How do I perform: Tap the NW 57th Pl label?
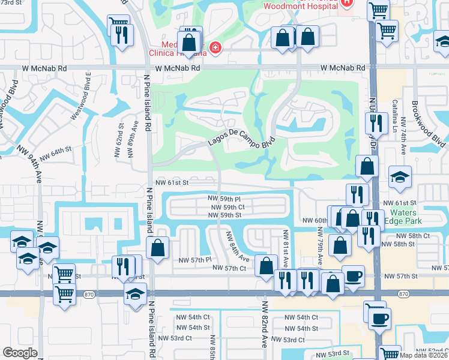(x=195, y=260)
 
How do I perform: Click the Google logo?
(x=20, y=352)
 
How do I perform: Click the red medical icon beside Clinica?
(x=214, y=48)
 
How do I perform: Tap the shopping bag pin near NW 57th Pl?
(x=157, y=248)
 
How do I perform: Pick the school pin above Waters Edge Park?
(x=400, y=176)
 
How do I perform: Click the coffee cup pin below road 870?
(x=379, y=317)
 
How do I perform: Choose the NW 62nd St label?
(x=120, y=139)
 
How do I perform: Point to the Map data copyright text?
(x=424, y=355)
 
